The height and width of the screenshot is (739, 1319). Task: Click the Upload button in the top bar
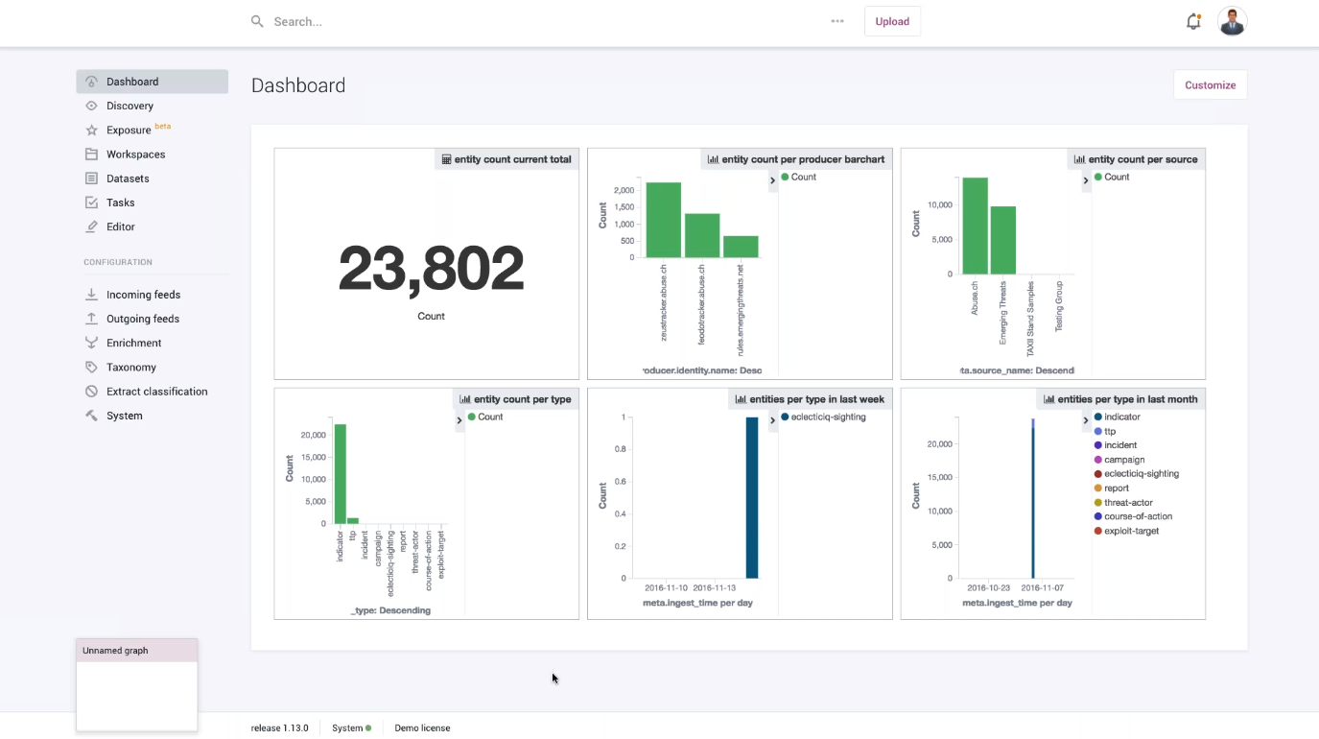coord(892,21)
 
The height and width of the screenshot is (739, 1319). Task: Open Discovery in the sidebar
coord(130,106)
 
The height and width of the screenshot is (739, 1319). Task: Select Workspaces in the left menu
coord(135,155)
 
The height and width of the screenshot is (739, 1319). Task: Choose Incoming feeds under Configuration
coord(143,295)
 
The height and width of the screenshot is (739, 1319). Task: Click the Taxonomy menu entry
coord(131,368)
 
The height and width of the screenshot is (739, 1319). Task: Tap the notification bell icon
coord(1193,21)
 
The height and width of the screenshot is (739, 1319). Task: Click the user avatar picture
coord(1232,21)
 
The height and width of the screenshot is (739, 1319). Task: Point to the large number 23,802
coord(431,269)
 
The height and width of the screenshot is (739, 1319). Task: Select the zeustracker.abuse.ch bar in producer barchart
coord(663,220)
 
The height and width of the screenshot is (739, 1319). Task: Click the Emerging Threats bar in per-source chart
coord(1003,240)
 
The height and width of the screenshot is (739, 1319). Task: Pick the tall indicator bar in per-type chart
coord(340,474)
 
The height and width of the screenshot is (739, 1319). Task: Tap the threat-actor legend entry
coord(1128,503)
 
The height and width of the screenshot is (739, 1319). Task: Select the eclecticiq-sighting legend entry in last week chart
coord(828,417)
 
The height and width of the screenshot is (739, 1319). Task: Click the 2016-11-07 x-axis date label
coord(1041,587)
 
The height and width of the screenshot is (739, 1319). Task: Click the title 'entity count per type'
coord(522,399)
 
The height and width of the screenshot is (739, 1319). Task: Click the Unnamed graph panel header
coord(137,651)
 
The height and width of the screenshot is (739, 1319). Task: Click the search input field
coord(537,21)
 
